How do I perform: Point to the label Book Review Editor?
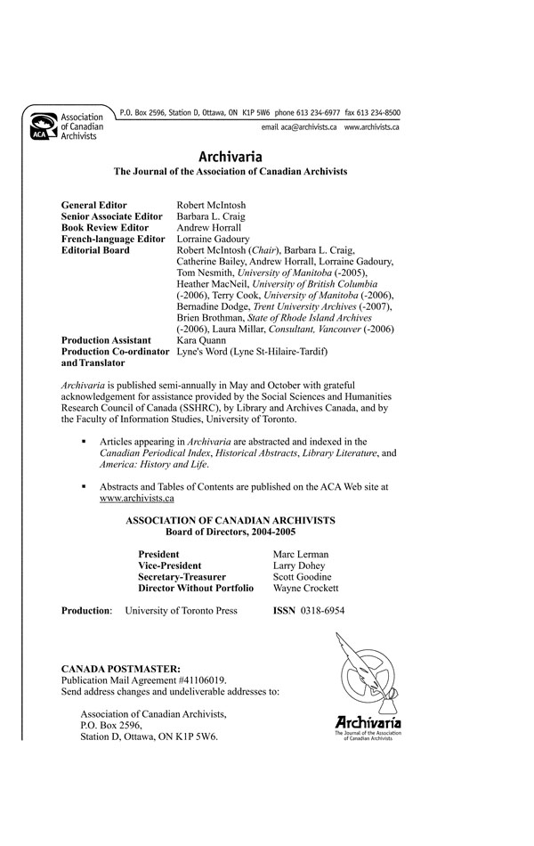104,228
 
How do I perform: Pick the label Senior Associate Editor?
111,216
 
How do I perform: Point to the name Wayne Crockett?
305,589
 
